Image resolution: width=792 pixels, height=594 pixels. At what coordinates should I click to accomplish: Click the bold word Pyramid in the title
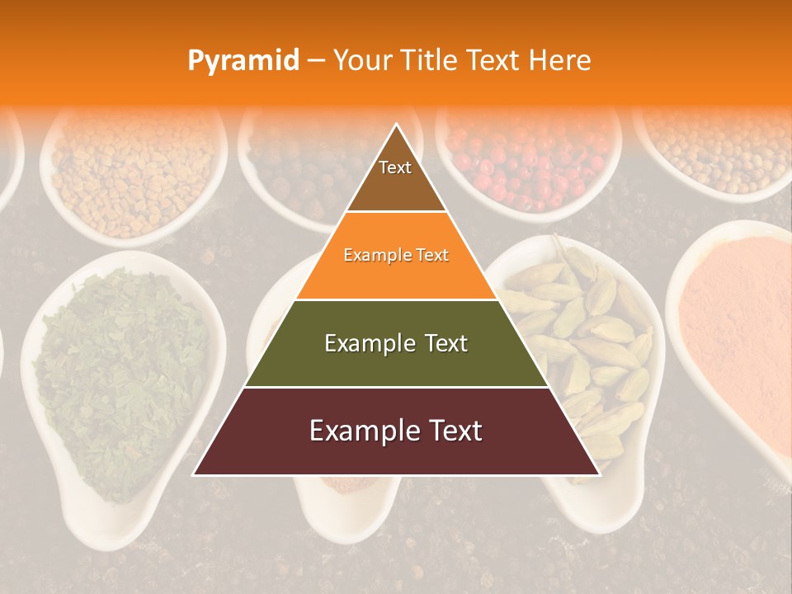click(243, 60)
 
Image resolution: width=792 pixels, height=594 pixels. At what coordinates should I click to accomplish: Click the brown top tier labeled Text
click(395, 177)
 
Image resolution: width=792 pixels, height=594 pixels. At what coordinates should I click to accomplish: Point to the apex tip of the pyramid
click(396, 125)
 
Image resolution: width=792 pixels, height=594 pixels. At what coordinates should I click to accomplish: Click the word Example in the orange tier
click(369, 255)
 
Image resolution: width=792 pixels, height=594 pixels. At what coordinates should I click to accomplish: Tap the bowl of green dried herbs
click(124, 379)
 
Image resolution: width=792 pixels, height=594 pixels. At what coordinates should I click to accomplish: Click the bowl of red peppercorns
click(528, 165)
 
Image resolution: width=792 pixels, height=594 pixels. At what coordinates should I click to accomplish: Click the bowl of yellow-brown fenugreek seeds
click(132, 173)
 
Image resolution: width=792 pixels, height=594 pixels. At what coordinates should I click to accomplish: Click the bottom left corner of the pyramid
click(194, 474)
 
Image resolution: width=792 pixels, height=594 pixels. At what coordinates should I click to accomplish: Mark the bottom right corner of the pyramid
click(599, 474)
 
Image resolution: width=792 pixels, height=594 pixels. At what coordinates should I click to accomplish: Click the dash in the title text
click(316, 61)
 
